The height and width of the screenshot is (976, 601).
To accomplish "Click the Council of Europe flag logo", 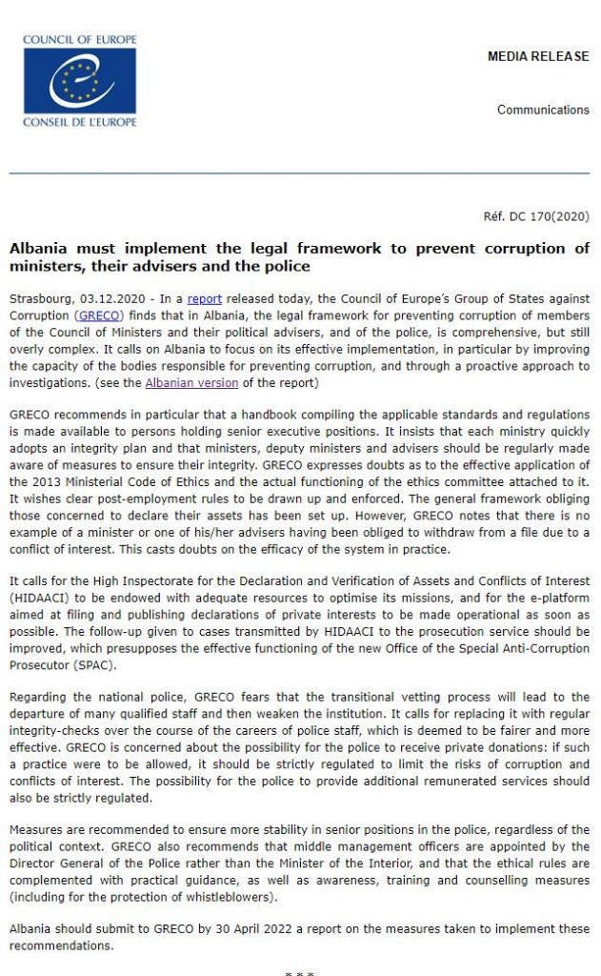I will [x=81, y=80].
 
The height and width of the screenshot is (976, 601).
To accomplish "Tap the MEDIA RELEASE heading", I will [x=538, y=57].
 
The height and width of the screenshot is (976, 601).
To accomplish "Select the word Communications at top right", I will [x=543, y=110].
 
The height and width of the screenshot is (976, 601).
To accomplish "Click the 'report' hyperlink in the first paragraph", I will [x=204, y=298].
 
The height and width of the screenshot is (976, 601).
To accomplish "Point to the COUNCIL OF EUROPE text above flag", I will [x=81, y=39].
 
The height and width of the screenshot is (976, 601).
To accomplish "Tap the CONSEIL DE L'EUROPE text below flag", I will [x=81, y=122].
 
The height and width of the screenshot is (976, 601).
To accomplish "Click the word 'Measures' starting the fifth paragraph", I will [x=37, y=829].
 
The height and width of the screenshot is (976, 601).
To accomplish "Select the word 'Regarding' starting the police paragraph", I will [x=39, y=697].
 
